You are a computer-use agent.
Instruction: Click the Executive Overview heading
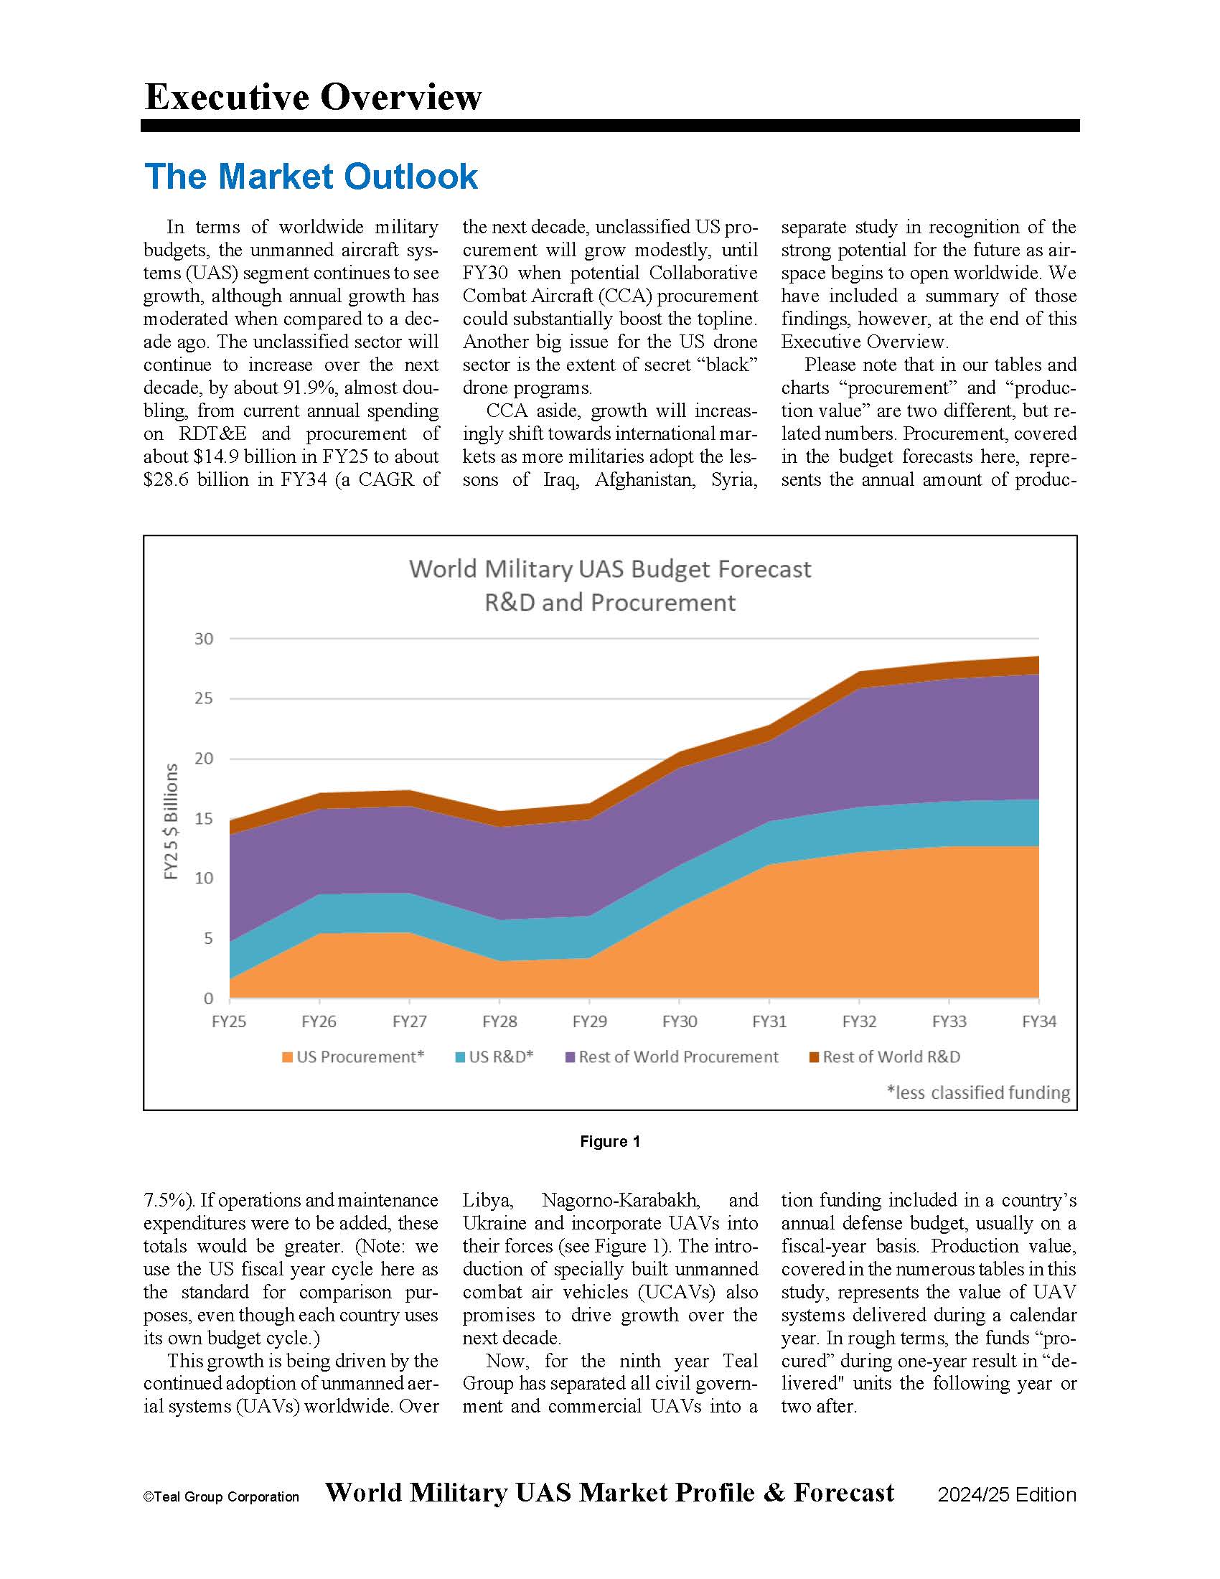(313, 97)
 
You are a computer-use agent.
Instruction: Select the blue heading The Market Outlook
(311, 177)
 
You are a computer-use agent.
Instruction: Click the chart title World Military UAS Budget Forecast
(609, 570)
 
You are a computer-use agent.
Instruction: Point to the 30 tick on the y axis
(204, 638)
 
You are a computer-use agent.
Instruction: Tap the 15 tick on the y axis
(204, 818)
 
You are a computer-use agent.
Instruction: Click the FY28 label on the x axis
(499, 1021)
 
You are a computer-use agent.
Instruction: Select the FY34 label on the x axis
(1038, 1021)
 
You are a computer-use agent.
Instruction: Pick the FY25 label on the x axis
(229, 1021)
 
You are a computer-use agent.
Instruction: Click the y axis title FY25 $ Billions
(172, 821)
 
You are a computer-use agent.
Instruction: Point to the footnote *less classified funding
(978, 1092)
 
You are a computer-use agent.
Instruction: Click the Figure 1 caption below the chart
(610, 1142)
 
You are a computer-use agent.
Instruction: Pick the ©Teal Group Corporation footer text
(221, 1497)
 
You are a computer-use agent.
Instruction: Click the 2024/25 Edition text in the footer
(1007, 1495)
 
